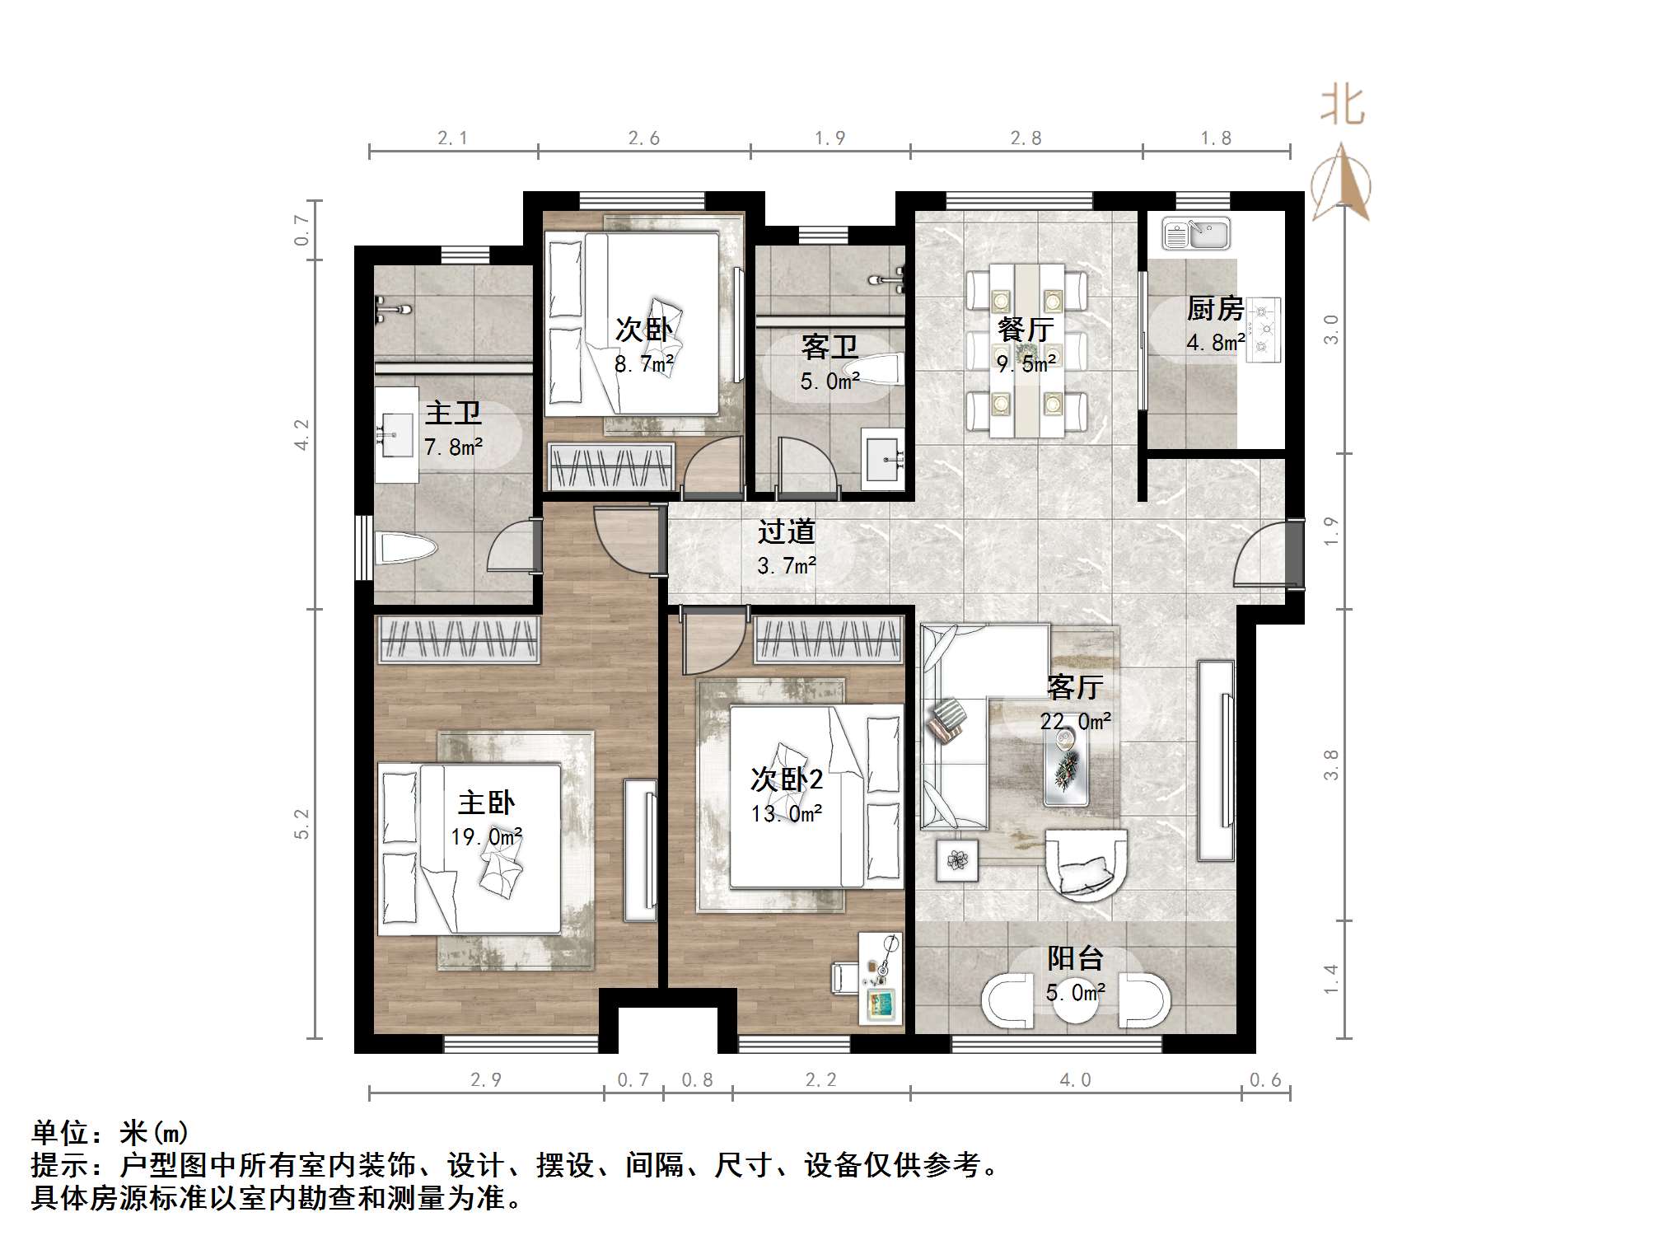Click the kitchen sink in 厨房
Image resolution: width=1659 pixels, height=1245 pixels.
(1195, 234)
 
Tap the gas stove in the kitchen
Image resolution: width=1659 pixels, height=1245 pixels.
(1264, 330)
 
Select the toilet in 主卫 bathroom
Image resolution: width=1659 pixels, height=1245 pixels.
(405, 549)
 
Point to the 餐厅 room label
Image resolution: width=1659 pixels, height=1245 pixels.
(1025, 330)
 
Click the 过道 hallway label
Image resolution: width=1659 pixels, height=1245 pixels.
(786, 531)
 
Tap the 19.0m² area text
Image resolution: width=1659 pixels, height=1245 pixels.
(486, 837)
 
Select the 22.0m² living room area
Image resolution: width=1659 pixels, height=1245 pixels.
(1075, 722)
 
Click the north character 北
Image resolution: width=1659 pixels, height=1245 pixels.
(1343, 106)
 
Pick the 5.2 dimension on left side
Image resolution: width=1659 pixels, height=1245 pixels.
(301, 824)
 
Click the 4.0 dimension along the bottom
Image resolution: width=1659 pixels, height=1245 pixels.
(1075, 1080)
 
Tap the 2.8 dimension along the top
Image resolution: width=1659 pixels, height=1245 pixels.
(1026, 138)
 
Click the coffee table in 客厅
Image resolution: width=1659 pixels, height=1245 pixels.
(1066, 767)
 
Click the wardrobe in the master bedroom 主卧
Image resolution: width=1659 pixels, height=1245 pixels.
(458, 639)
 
